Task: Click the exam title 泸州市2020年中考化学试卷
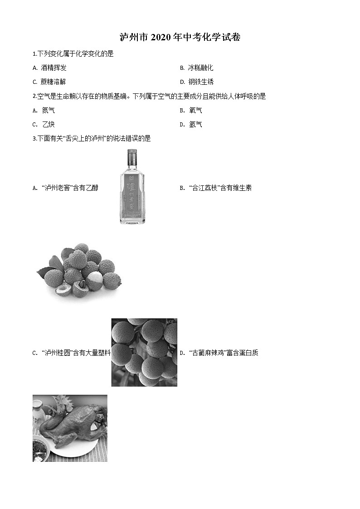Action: [180, 38]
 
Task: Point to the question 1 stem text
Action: [73, 54]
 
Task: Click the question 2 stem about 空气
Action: [149, 96]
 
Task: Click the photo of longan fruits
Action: [144, 352]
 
